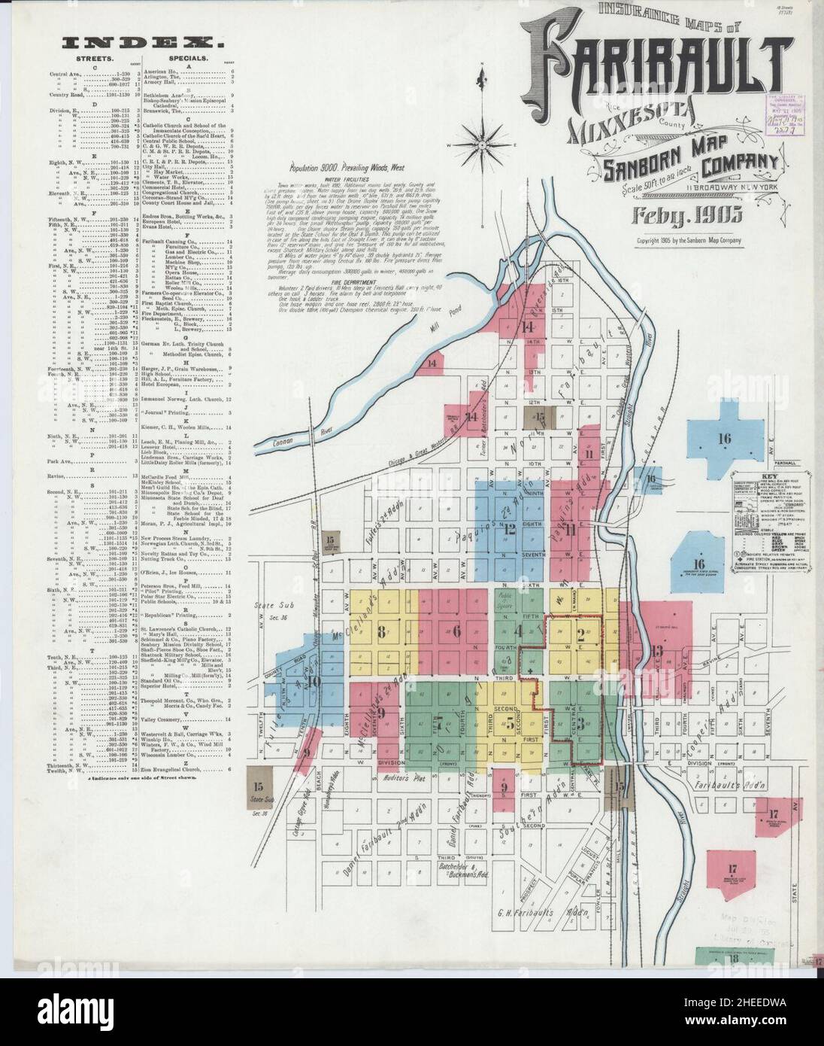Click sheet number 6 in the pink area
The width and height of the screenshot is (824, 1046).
point(456,631)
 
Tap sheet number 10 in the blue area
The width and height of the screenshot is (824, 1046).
point(314,681)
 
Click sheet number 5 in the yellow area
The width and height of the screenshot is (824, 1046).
point(510,724)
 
